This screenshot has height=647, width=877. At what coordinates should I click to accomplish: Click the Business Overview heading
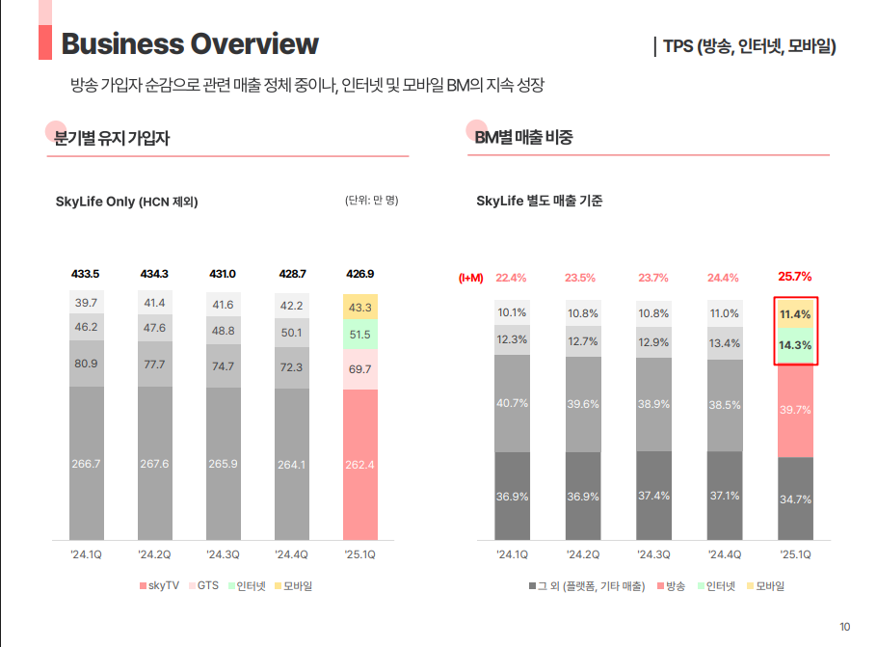tap(190, 43)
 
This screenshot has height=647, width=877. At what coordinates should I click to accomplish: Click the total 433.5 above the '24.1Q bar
tap(86, 274)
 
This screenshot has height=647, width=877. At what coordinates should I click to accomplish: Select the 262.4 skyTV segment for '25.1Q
tap(360, 464)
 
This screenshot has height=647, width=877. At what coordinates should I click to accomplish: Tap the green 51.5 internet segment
tap(360, 335)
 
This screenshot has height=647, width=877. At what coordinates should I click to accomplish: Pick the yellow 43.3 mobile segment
tap(360, 307)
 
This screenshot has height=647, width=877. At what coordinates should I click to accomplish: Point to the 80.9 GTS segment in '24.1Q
tap(86, 364)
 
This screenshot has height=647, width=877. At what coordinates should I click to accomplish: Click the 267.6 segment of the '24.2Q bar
tap(154, 464)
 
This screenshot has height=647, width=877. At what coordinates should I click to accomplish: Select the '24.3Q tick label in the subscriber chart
tap(223, 554)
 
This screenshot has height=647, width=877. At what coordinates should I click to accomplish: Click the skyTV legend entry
tap(160, 585)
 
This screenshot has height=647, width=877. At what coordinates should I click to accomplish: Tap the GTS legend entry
tap(207, 585)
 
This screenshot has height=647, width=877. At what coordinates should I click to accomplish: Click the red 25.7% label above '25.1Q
tap(795, 277)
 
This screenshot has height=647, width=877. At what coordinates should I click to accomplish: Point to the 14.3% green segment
tap(795, 345)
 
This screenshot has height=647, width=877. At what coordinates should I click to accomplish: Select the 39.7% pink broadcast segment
tap(795, 410)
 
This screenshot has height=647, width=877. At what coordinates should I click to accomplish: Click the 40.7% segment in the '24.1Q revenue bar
tap(512, 403)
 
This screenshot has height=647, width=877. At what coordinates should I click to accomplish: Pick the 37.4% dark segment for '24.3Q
tap(653, 496)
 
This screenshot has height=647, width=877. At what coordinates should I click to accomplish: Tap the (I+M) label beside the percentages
tap(470, 278)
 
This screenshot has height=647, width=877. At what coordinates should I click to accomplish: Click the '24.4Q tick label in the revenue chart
tap(724, 554)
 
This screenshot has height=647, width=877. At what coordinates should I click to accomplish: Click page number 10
tap(845, 628)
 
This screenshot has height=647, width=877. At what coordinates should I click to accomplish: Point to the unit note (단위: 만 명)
tap(371, 201)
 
